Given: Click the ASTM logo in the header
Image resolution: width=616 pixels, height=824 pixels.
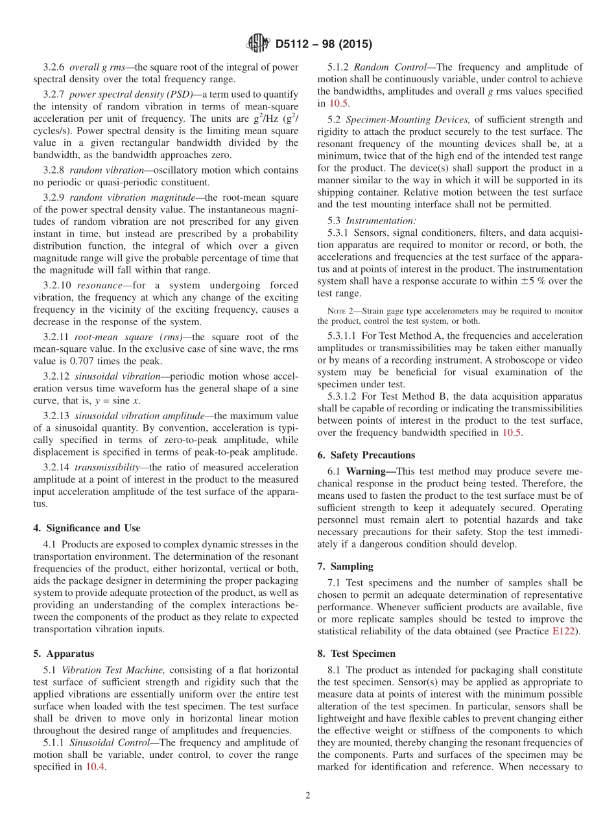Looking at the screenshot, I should click(257, 43).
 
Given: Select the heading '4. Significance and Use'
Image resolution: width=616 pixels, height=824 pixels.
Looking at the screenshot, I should click(86, 528).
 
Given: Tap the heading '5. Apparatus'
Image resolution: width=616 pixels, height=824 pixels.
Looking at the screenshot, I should click(63, 654).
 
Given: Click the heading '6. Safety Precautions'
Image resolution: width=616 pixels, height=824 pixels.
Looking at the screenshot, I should click(366, 455).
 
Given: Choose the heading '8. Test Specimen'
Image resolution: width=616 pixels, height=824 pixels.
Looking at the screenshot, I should click(356, 654).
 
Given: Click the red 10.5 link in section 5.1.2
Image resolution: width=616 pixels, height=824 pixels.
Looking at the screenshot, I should click(338, 103).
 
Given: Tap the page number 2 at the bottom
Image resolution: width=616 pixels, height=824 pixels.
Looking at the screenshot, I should click(308, 795).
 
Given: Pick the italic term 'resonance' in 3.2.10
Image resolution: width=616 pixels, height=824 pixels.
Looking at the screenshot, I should click(98, 285).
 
